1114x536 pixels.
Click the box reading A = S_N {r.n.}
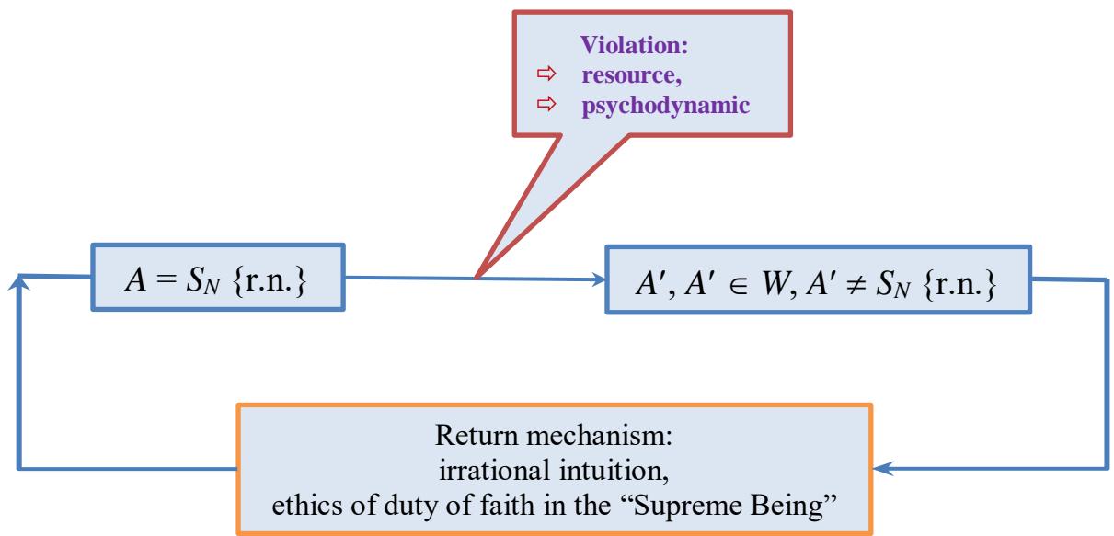218,276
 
